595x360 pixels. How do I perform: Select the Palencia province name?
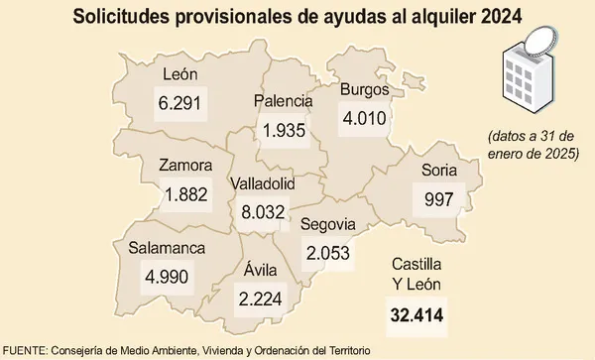284,101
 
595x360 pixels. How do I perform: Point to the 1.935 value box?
284,130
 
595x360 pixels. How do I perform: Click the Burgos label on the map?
363,90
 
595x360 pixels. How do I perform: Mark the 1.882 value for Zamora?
185,195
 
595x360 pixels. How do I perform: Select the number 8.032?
263,211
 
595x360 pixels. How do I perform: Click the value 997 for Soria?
438,199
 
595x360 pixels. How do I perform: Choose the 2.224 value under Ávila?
259,296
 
